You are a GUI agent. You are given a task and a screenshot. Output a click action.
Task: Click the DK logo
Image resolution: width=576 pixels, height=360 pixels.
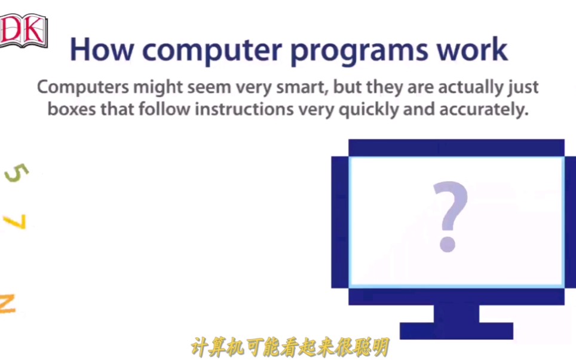[x=23, y=31]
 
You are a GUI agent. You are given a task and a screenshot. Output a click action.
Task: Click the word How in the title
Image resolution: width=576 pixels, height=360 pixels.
[x=102, y=50]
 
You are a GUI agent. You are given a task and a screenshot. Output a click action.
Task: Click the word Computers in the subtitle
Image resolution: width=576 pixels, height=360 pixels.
[x=83, y=88]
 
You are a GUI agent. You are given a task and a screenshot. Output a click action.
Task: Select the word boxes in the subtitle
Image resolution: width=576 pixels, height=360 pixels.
[x=72, y=109]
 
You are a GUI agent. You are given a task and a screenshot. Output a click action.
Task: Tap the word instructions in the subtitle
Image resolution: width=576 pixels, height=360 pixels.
[x=244, y=109]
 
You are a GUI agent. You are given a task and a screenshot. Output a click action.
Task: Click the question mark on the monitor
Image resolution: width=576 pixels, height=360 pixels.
[x=450, y=216]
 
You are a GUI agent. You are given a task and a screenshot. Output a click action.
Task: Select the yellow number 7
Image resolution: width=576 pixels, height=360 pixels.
[x=15, y=221]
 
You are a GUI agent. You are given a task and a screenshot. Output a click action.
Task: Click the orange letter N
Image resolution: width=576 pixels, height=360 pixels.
[x=7, y=304]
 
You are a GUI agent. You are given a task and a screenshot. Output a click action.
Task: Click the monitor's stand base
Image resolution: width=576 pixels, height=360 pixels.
[x=456, y=331]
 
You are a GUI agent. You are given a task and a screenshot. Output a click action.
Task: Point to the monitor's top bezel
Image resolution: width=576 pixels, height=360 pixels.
[x=456, y=148]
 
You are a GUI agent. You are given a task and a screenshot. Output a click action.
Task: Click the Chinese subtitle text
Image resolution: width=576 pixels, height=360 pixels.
[x=290, y=347]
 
